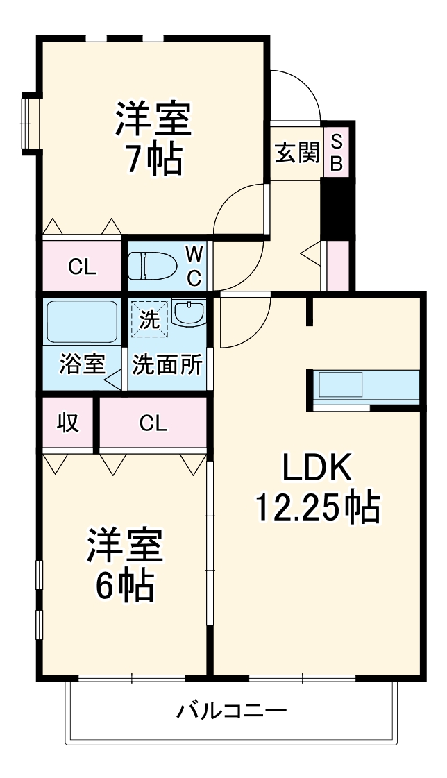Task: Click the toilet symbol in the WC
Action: click(152, 266)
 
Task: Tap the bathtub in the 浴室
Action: click(82, 323)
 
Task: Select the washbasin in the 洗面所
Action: click(189, 313)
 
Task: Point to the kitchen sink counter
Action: click(366, 387)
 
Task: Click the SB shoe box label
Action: click(337, 153)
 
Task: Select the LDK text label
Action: click(318, 467)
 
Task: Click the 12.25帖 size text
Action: click(317, 507)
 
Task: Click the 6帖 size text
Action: click(124, 586)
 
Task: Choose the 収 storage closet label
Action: click(68, 423)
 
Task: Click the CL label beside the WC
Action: click(82, 268)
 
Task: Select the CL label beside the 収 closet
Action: click(153, 423)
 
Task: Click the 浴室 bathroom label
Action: click(83, 364)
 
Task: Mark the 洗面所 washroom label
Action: click(167, 365)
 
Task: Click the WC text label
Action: click(194, 267)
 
